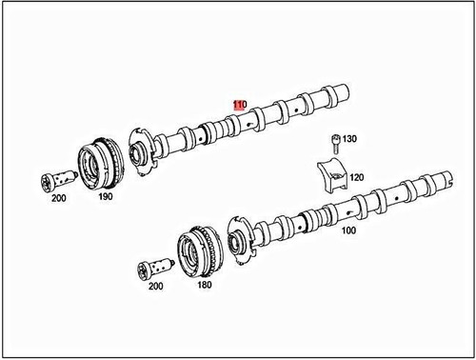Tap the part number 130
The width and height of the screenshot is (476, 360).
(350, 139)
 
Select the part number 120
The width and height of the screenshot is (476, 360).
(357, 177)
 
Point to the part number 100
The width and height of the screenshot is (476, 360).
(348, 230)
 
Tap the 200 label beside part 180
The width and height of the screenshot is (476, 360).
(157, 286)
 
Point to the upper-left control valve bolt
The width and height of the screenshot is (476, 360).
(57, 179)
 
